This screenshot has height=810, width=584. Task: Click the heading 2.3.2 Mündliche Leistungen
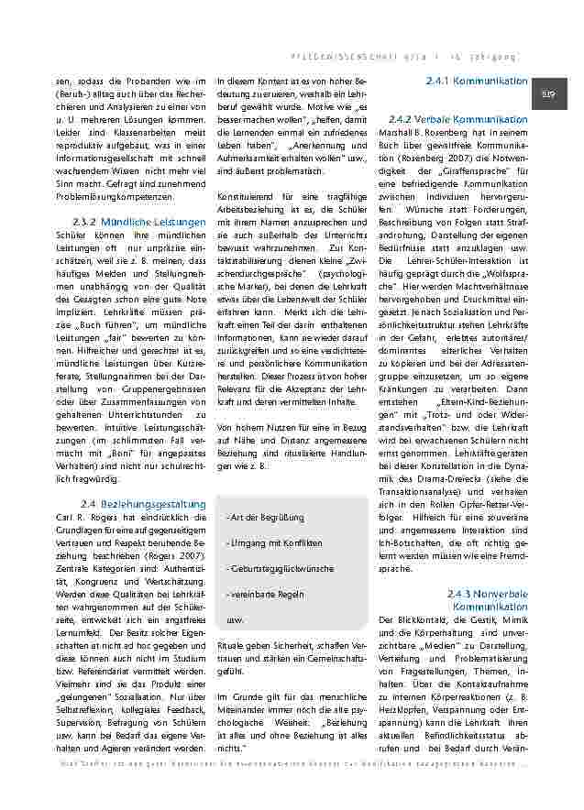click(x=138, y=222)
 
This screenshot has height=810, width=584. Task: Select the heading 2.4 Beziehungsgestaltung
click(x=143, y=503)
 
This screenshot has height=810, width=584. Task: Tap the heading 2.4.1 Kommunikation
click(x=477, y=82)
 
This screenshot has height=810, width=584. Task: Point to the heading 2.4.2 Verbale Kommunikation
click(x=458, y=120)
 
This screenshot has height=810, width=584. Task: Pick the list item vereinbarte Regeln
click(x=264, y=594)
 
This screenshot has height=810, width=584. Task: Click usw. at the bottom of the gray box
click(x=235, y=619)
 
